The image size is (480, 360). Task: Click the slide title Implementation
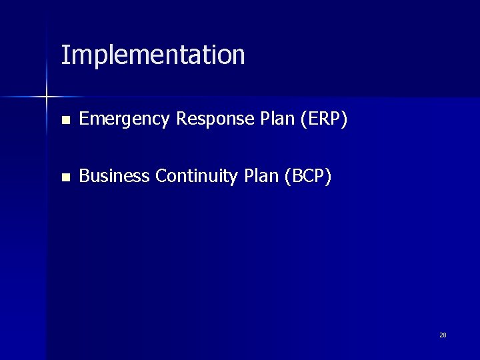153,55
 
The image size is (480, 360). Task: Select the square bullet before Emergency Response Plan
65,121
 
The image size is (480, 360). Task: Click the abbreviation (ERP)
323,119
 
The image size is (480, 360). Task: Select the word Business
114,176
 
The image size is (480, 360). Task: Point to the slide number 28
443,335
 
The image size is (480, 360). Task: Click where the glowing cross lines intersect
47,98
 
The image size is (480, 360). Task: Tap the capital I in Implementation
63,55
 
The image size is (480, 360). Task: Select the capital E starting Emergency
83,119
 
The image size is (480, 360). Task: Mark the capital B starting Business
83,176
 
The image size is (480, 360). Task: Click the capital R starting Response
181,119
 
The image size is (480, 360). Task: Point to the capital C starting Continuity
160,176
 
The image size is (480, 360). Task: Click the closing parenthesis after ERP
345,119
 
